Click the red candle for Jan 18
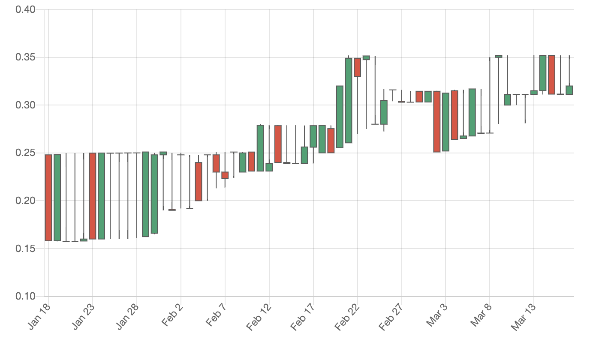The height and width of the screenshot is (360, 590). (48, 198)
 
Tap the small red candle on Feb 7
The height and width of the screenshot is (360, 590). (225, 175)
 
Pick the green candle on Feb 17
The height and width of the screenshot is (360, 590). (313, 136)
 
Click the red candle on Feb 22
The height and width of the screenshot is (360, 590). (358, 67)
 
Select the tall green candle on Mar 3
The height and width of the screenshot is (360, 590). (446, 122)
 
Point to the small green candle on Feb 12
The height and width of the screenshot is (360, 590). (269, 167)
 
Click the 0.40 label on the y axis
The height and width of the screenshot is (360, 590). (25, 9)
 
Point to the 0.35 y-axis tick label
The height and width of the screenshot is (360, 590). (25, 57)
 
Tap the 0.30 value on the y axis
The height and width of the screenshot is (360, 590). (25, 105)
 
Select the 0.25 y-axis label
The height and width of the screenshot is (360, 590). (25, 153)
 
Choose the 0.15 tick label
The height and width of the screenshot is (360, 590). (25, 249)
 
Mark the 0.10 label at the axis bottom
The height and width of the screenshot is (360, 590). (25, 296)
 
